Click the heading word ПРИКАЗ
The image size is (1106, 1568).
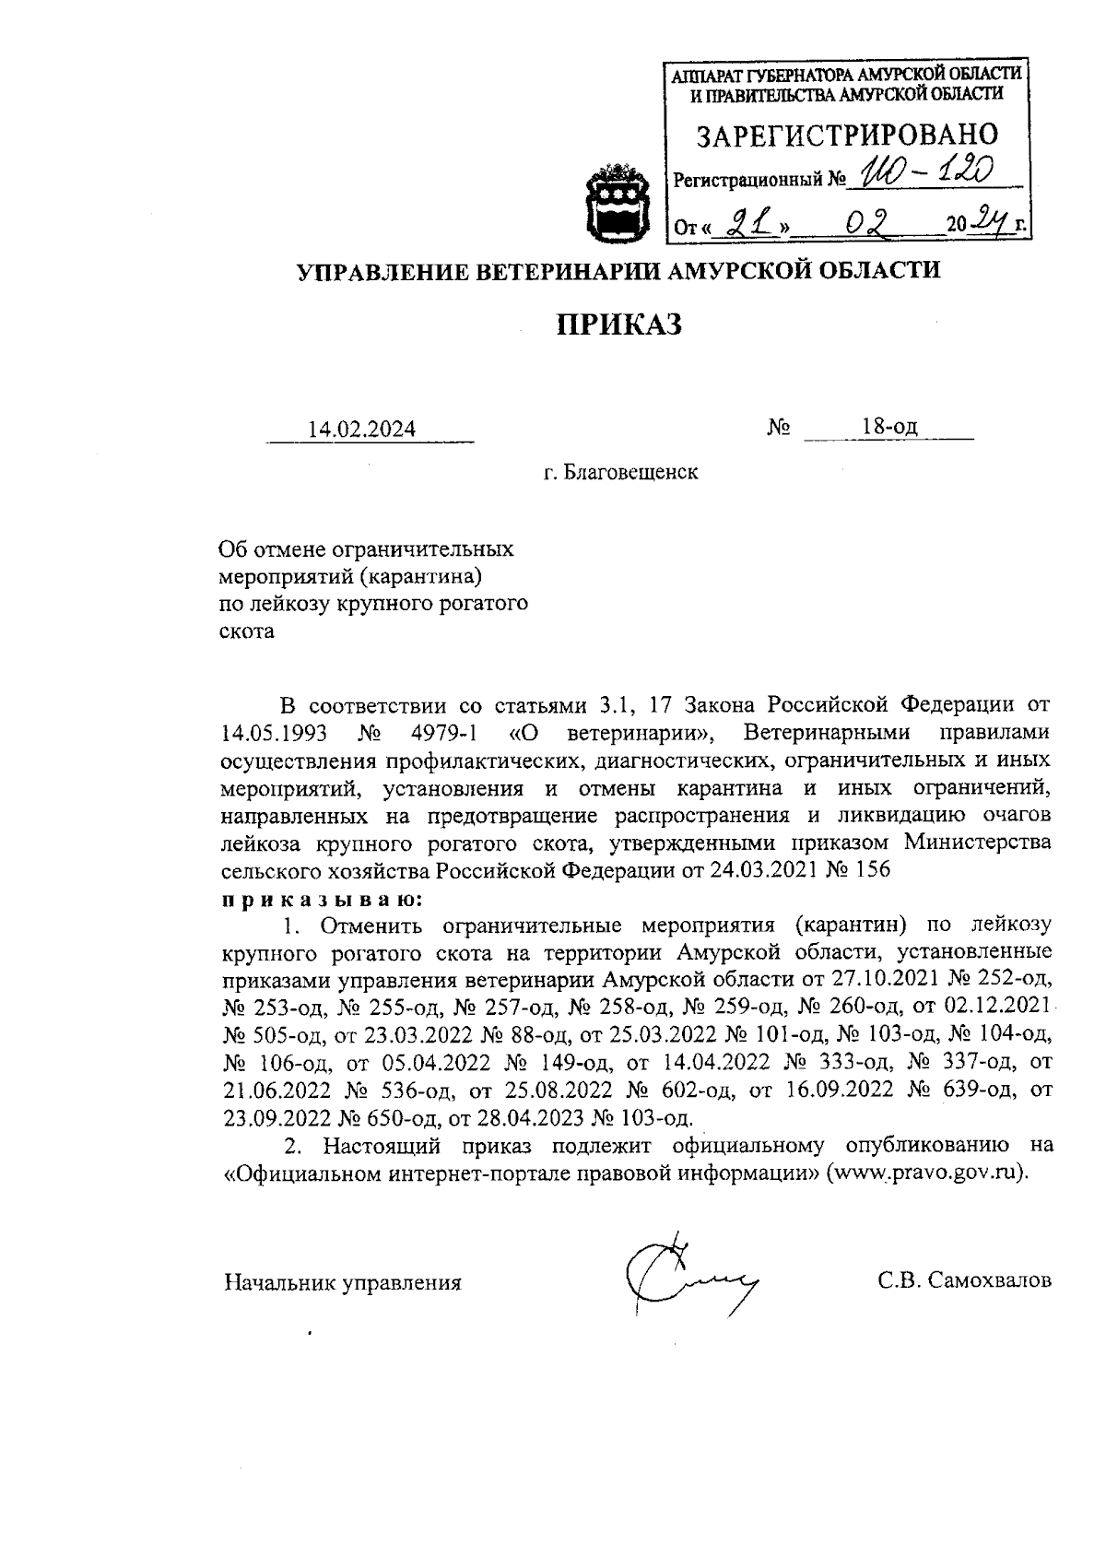[618, 324]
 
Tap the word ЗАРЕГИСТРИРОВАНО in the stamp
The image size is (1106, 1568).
[846, 136]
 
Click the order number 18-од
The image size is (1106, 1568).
[889, 427]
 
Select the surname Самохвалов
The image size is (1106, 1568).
[991, 1280]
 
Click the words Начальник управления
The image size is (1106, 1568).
[343, 1282]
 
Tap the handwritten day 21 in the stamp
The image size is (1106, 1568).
[747, 222]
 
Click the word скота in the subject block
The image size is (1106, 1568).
[246, 632]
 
